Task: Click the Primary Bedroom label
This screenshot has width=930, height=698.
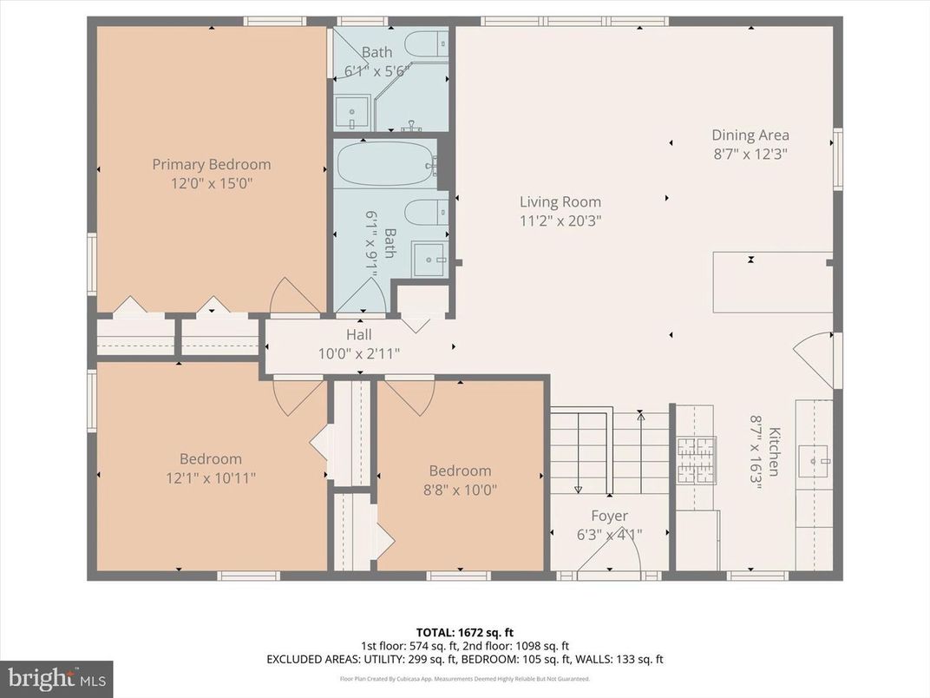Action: [x=212, y=164]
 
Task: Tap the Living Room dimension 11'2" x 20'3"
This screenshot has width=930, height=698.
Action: [x=560, y=221]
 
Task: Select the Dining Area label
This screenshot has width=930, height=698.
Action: [x=750, y=135]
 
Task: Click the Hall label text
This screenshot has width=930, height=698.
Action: [x=359, y=335]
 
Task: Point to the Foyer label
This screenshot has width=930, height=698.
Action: [x=609, y=516]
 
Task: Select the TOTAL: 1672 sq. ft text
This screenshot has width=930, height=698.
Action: [x=465, y=632]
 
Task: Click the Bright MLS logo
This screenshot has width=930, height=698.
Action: [x=56, y=677]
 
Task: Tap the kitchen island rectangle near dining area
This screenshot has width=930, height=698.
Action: [x=772, y=281]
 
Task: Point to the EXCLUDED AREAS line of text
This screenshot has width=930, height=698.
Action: [x=465, y=659]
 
